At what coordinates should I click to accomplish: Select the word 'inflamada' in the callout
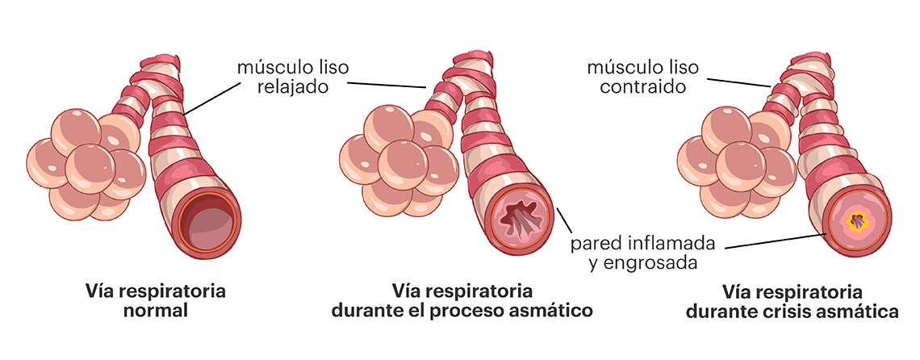[x=672, y=242]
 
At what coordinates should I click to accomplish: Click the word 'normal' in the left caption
[x=156, y=310]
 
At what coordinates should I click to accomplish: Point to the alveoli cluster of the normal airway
[x=86, y=165]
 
